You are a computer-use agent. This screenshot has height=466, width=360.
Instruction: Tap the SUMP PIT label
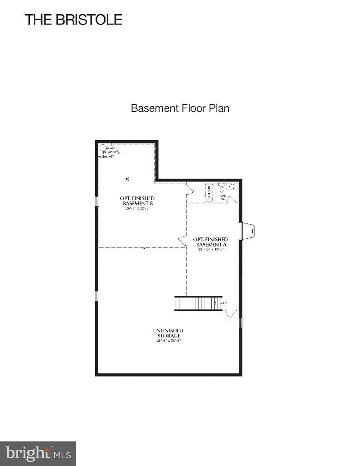[110, 152]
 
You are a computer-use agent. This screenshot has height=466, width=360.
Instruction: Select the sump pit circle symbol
[103, 148]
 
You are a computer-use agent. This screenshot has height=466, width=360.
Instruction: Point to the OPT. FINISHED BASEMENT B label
[137, 201]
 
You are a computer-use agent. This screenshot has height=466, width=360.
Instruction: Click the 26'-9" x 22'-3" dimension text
[138, 208]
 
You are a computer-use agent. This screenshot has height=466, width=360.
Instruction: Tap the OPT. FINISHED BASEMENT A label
[211, 242]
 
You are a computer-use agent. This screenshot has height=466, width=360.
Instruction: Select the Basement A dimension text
[211, 249]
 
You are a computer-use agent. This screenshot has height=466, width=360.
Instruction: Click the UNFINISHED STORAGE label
[168, 333]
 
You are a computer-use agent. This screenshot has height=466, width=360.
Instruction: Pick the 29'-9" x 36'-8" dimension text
[169, 340]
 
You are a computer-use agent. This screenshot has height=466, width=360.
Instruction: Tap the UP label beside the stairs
[225, 303]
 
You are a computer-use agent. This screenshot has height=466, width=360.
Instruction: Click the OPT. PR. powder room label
[222, 197]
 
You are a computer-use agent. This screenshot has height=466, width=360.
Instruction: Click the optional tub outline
[209, 192]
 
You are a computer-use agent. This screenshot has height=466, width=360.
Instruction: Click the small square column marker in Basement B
[127, 179]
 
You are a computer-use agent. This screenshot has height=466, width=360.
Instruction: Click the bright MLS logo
[38, 453]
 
